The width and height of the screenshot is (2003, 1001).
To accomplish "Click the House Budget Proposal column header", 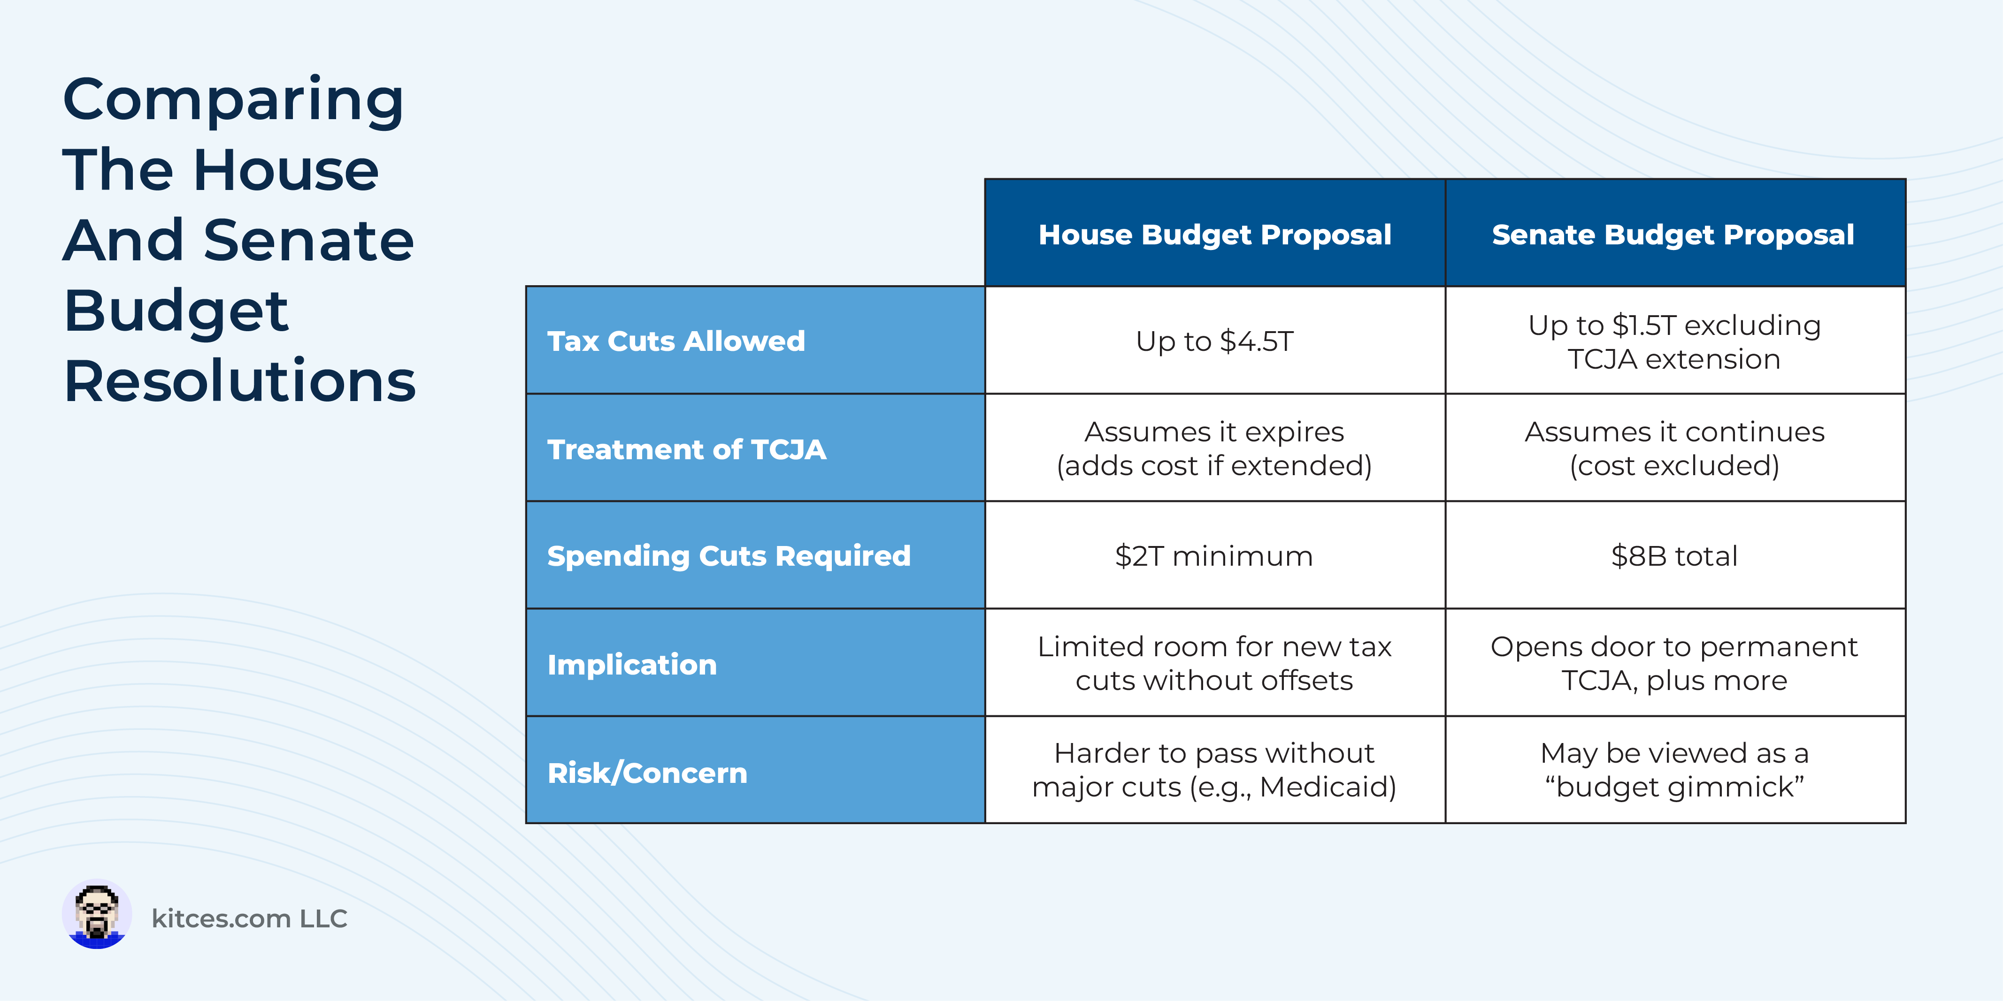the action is [x=1214, y=233].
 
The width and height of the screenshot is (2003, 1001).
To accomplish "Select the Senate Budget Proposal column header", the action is [x=1675, y=233].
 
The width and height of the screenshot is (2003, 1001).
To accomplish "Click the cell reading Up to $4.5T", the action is [x=1214, y=341].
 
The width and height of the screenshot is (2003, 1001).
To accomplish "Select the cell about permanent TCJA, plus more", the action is [x=1675, y=663].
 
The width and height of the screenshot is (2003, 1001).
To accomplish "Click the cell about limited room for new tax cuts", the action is [x=1214, y=663].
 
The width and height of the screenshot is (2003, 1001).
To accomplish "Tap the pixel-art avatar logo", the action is [x=96, y=914].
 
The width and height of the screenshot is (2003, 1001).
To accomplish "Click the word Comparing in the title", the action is [x=233, y=101].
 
